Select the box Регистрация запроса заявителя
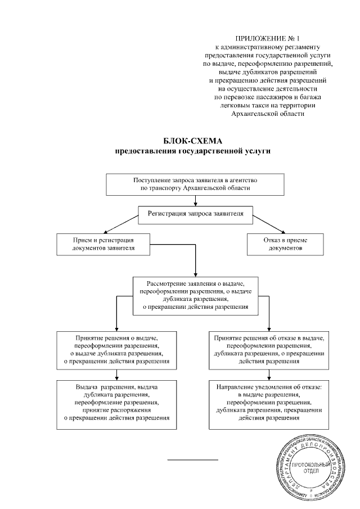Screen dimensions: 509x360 [x=195, y=214]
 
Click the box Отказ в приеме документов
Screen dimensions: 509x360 [x=285, y=244]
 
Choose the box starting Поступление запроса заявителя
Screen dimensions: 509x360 [x=195, y=184]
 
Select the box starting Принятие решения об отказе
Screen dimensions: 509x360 [x=268, y=349]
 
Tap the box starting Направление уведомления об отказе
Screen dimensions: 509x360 [x=268, y=402]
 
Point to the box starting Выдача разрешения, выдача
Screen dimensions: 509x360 [x=116, y=402]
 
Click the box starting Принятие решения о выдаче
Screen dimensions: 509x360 [x=116, y=349]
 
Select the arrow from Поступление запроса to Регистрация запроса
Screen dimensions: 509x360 [x=195, y=201]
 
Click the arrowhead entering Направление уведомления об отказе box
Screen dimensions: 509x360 [x=268, y=379]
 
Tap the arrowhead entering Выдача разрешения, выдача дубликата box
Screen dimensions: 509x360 [x=116, y=379]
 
